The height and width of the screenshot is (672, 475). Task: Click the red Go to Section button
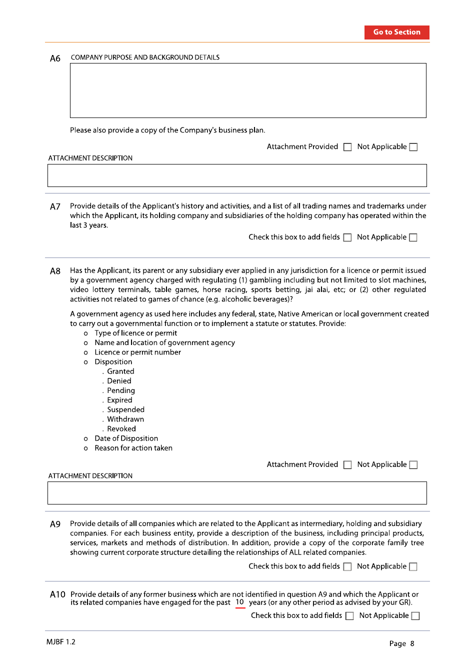[396, 32]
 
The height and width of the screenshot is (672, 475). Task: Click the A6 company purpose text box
[248, 90]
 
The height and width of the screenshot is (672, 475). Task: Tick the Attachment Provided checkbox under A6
[347, 147]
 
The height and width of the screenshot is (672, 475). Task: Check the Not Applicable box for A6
[413, 147]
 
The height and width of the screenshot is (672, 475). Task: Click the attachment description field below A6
[237, 175]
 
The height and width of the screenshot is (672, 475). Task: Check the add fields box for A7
[347, 237]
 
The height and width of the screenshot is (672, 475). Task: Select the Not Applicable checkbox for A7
[413, 237]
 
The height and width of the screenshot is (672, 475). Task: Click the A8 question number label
[55, 271]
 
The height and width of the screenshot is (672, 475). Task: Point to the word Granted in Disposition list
[120, 371]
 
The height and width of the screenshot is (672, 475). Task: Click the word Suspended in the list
[125, 409]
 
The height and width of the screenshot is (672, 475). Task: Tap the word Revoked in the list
[121, 429]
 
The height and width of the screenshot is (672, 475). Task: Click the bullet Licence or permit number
[137, 352]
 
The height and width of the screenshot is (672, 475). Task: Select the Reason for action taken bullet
[133, 448]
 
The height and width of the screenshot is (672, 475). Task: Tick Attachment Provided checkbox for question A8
[347, 465]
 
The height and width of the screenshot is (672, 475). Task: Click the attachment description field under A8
[237, 493]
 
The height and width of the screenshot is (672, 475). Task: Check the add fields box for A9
[347, 566]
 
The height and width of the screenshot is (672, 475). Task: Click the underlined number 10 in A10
[240, 602]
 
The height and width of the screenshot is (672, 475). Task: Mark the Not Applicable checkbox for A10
[415, 616]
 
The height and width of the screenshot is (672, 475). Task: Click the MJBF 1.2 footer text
[61, 642]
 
